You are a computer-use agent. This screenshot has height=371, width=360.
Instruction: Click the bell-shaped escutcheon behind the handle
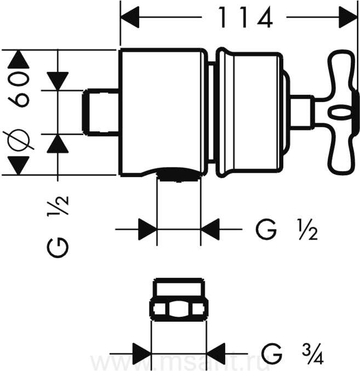point(249,113)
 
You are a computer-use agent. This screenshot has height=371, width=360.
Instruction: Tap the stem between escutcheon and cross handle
point(300,112)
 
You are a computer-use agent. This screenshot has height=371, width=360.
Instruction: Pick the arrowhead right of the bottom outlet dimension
point(210,228)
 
